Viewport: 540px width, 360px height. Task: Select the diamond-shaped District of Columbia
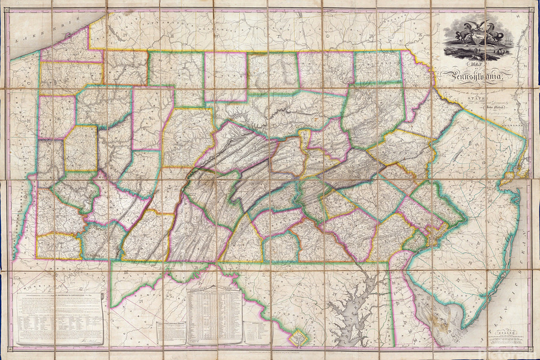296,338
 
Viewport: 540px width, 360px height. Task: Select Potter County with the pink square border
225,75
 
